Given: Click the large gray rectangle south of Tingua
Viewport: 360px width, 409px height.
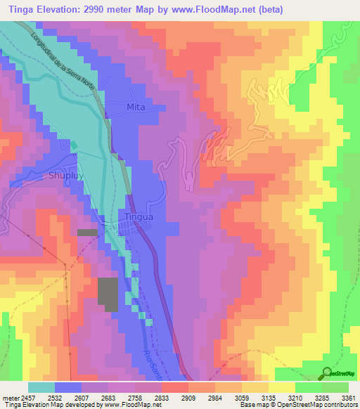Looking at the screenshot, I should (108, 294).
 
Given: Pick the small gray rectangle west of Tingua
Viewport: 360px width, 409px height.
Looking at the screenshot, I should (88, 232).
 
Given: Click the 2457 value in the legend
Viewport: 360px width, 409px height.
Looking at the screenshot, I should (26, 397).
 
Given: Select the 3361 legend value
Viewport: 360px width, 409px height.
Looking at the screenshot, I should (348, 397).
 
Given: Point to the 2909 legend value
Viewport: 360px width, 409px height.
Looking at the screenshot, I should (188, 397).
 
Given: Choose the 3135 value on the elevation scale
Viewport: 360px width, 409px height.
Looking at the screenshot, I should (269, 397).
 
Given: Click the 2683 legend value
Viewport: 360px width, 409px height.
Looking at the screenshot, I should (108, 397).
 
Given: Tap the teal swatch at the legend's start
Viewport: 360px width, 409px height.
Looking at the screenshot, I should (41, 387).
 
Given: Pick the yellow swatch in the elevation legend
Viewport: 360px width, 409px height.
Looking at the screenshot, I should (282, 387).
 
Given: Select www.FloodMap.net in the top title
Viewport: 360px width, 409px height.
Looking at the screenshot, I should (210, 8).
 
